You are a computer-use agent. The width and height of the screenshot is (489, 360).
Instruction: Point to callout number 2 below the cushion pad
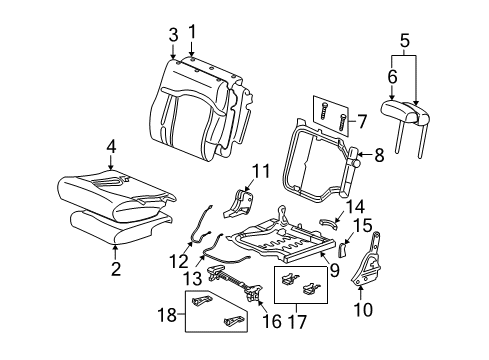pos(116,268)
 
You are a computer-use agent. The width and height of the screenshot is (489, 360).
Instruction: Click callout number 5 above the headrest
pos(405,42)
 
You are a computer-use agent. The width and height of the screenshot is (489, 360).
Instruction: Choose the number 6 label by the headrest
pos(391,74)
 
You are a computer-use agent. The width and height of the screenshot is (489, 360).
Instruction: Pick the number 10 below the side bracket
pos(365,310)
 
